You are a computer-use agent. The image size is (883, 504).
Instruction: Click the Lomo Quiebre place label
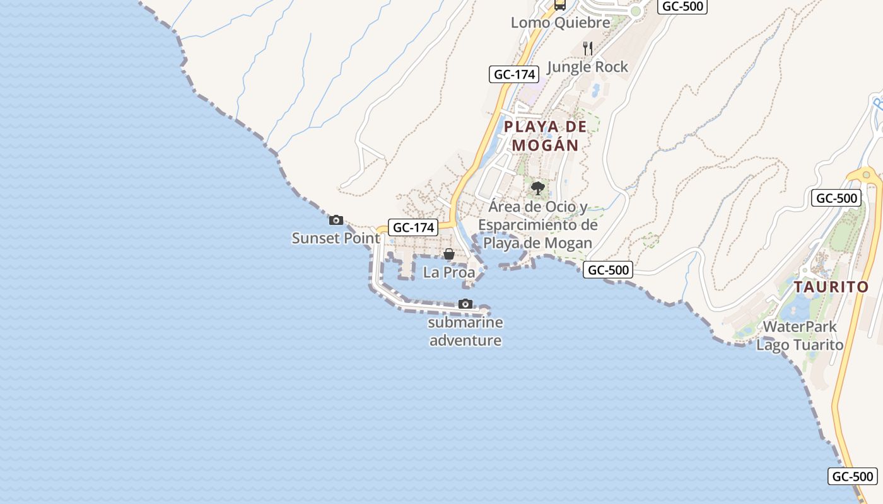click(560, 23)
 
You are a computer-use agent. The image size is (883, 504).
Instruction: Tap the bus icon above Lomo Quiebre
click(559, 5)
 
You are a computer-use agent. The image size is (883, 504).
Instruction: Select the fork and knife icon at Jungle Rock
click(588, 49)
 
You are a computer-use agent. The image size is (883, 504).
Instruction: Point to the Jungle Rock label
click(588, 67)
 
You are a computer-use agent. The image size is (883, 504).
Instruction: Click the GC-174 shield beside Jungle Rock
click(514, 74)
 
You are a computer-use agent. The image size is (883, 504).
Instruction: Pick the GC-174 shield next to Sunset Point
click(413, 227)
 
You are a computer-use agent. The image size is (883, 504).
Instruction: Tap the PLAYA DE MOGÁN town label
click(545, 135)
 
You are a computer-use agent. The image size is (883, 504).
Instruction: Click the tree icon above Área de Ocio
click(538, 188)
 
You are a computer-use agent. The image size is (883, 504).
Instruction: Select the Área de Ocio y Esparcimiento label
click(537, 225)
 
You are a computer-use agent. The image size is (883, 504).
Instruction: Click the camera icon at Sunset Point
click(336, 220)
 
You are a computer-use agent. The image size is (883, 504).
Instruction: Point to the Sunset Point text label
click(336, 238)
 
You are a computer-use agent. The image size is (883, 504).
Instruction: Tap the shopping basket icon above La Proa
click(449, 254)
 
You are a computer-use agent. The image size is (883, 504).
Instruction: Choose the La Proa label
click(449, 272)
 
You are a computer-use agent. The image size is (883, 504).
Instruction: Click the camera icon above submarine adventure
click(465, 304)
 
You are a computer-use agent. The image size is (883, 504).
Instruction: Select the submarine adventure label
click(465, 331)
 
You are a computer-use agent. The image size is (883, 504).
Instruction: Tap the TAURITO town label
click(831, 287)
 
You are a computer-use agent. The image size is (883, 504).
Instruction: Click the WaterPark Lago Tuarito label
click(800, 336)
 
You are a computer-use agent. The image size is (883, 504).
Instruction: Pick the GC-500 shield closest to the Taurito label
click(836, 198)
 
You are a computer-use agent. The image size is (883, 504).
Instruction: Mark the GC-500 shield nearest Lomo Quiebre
click(682, 6)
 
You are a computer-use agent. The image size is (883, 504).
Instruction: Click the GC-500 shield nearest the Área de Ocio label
click(607, 270)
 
